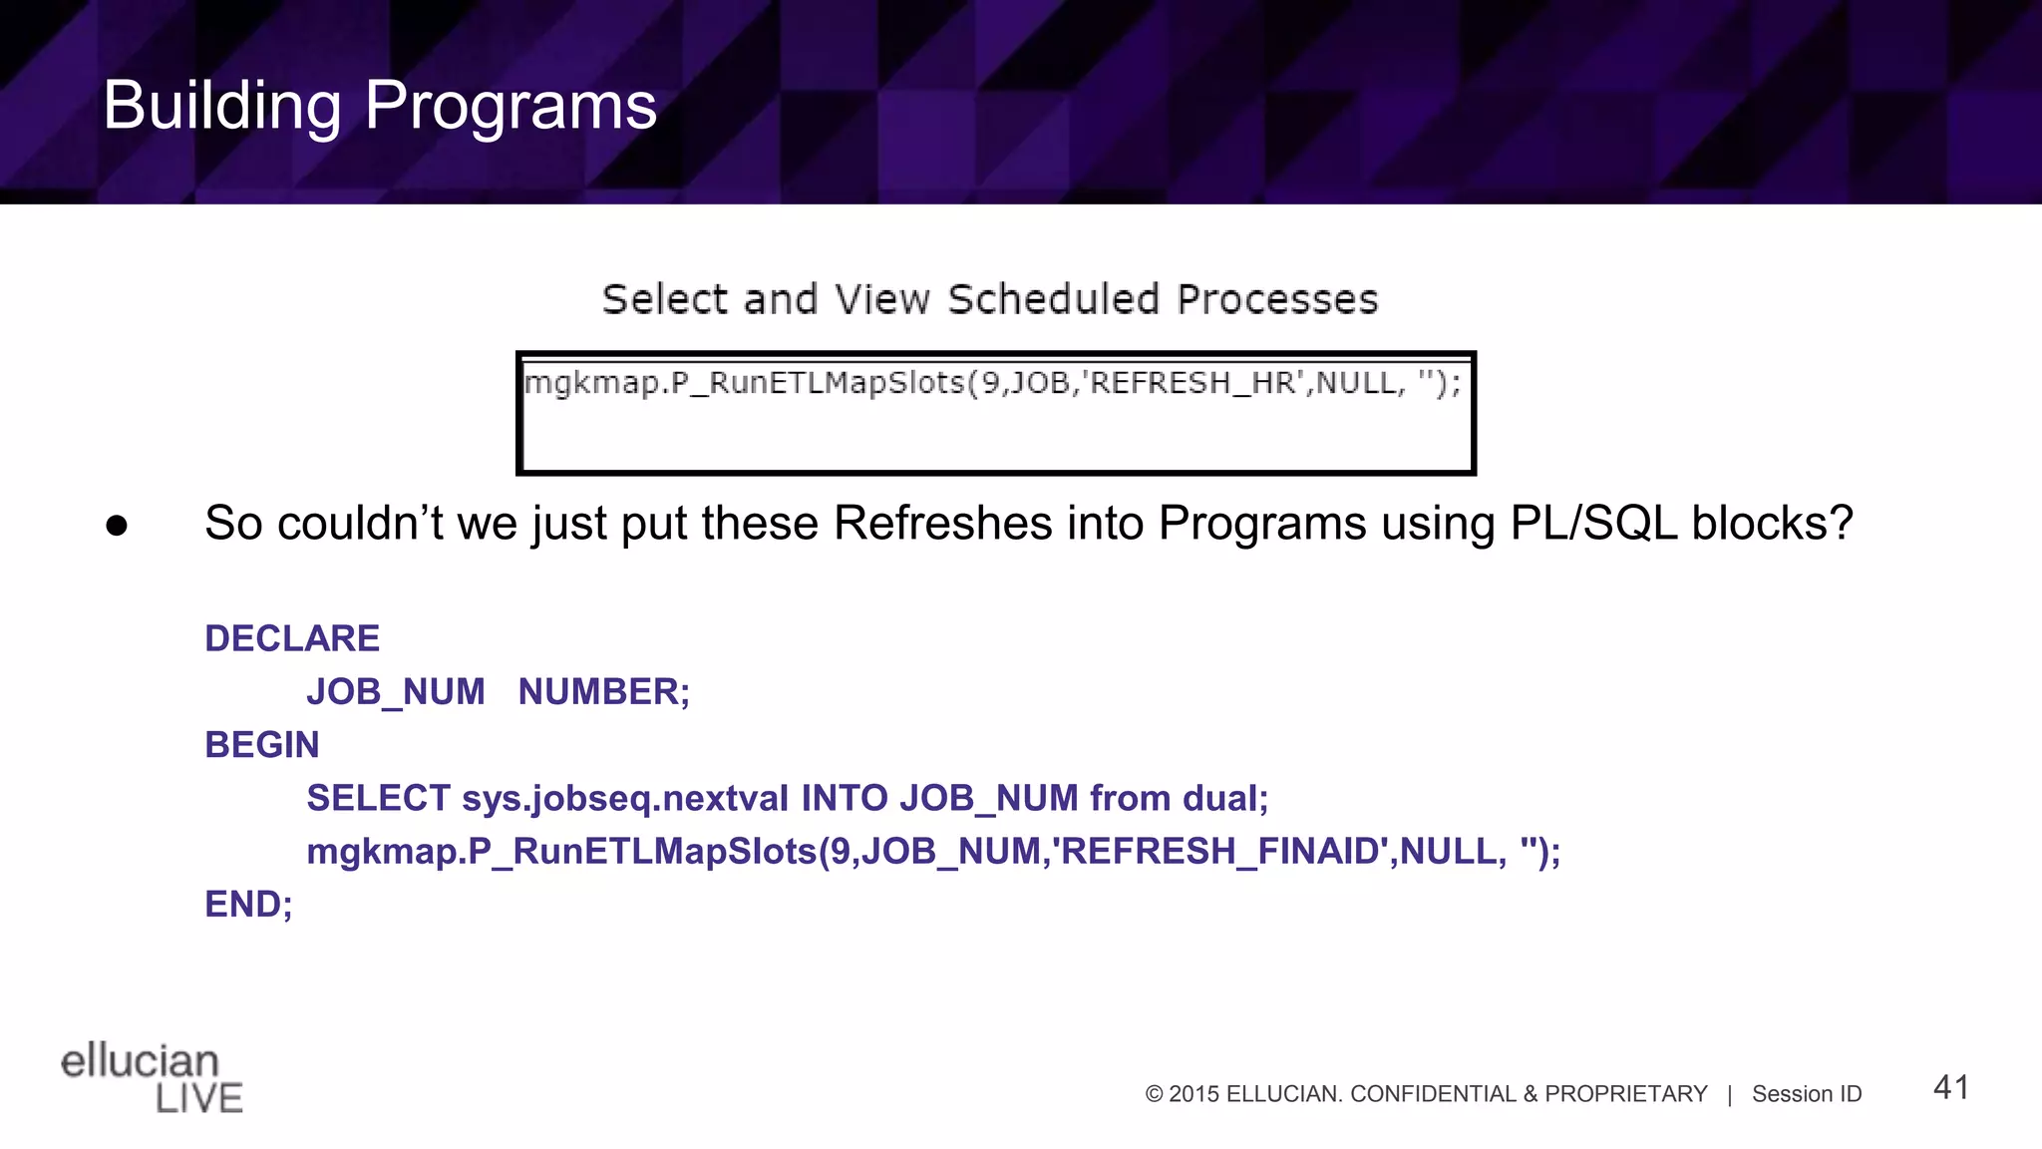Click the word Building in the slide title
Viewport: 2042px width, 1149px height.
point(222,106)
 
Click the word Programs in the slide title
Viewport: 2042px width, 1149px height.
point(510,106)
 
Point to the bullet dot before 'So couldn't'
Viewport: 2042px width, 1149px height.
point(117,526)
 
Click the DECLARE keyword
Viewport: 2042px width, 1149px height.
point(292,638)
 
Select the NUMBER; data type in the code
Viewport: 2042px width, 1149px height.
point(603,691)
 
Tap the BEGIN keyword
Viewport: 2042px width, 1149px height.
point(262,745)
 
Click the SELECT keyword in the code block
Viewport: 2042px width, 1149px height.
point(378,798)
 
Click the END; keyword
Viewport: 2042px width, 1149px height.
point(248,904)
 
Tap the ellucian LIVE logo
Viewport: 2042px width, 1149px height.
point(152,1077)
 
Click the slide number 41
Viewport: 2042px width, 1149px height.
point(1950,1087)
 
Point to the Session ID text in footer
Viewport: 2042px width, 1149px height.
point(1807,1094)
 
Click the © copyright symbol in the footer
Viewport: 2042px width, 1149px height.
point(1155,1094)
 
